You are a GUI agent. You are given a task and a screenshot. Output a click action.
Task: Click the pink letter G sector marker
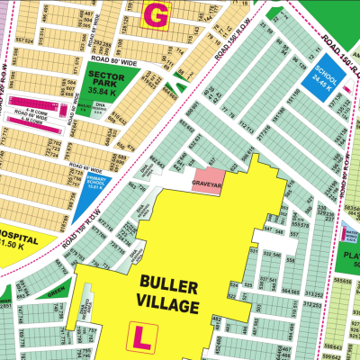[156, 14]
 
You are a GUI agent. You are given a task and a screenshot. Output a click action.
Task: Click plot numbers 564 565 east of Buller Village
[290, 292]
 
